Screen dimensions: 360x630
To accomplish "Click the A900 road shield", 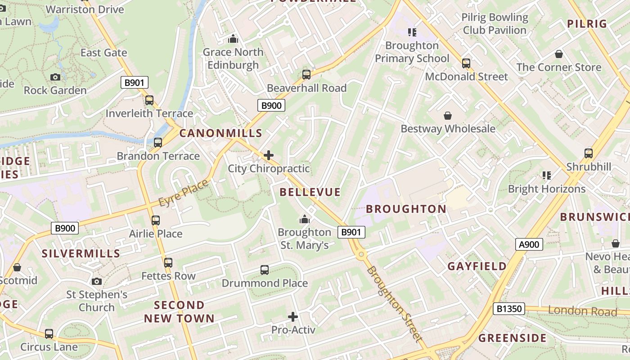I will click(529, 244).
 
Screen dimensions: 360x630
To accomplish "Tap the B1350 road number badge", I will click(509, 309).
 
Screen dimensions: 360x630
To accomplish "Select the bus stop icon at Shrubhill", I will click(589, 153).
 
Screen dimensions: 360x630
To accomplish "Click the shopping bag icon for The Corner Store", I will click(559, 54).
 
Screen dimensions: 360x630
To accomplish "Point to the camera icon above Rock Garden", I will click(55, 77).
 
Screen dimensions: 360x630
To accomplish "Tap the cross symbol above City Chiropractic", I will click(269, 156).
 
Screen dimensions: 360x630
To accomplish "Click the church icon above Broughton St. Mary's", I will click(305, 219).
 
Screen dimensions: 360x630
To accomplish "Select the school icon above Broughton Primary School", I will click(412, 32).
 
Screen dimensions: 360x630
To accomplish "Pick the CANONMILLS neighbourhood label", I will click(220, 133).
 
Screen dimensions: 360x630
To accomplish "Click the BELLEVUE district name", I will click(310, 192).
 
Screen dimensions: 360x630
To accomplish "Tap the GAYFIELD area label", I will click(477, 266).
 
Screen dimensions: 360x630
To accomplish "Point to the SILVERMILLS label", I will click(81, 253).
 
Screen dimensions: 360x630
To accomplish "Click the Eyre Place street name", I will click(184, 193).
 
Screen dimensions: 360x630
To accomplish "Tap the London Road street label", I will click(582, 311).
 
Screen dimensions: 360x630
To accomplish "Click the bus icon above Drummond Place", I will click(265, 270).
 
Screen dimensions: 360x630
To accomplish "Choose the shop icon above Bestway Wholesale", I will click(448, 116).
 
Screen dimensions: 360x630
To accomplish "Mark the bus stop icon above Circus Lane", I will click(49, 334).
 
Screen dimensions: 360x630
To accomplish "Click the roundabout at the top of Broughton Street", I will click(360, 255).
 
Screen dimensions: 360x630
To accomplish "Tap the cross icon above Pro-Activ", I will click(293, 317).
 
